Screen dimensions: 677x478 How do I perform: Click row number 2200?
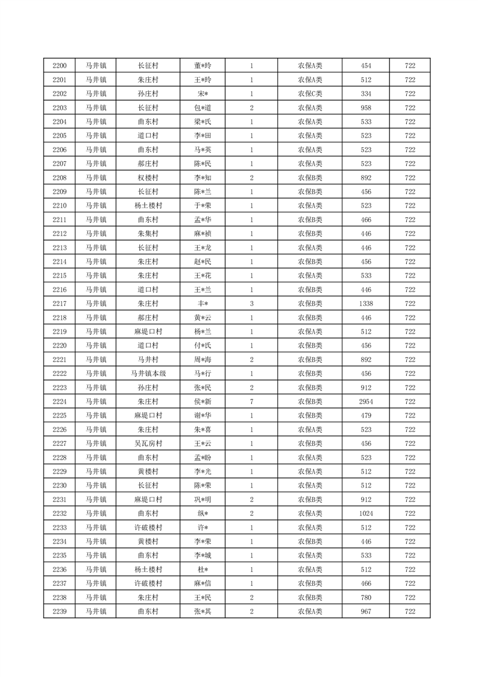[x=60, y=66]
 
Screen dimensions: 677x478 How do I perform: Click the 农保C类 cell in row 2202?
[x=310, y=94]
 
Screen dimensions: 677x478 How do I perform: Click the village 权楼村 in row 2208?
[x=148, y=178]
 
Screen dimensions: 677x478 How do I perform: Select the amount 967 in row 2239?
[x=366, y=612]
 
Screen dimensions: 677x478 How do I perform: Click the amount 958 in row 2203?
[x=366, y=108]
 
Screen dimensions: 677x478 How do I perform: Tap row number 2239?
[x=60, y=612]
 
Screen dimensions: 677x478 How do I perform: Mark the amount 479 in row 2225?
[x=366, y=416]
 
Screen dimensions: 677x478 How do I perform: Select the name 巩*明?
[x=203, y=500]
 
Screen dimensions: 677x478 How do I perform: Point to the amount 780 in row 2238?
[x=366, y=598]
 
